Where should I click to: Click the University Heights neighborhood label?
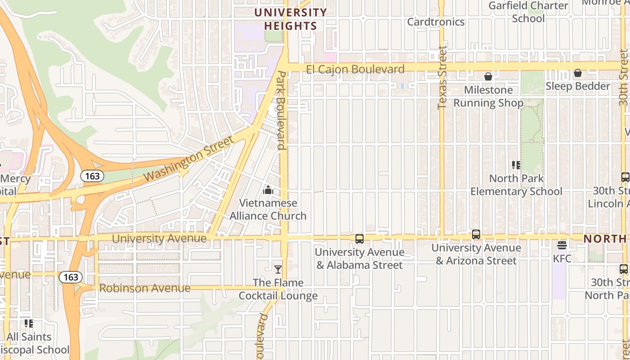(x=291, y=19)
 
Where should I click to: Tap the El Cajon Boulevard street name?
(x=355, y=69)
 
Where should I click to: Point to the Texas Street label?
(x=442, y=77)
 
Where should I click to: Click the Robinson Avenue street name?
(x=144, y=288)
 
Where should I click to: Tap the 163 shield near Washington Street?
(x=92, y=176)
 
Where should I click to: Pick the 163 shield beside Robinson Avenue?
(x=71, y=277)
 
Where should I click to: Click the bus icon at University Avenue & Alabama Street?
(x=359, y=239)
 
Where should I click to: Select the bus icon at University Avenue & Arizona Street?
(x=476, y=234)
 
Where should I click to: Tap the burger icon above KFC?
(x=562, y=245)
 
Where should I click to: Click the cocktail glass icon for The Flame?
(x=278, y=270)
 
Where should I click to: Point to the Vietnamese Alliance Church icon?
(x=268, y=190)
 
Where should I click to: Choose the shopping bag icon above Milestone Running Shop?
(x=488, y=77)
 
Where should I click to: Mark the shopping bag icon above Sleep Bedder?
(x=578, y=73)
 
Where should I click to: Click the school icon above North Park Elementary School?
(x=516, y=165)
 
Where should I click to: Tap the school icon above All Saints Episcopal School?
(x=29, y=323)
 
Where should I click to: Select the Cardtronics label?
(x=436, y=22)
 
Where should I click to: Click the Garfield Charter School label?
(x=528, y=12)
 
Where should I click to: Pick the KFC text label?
(x=562, y=259)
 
